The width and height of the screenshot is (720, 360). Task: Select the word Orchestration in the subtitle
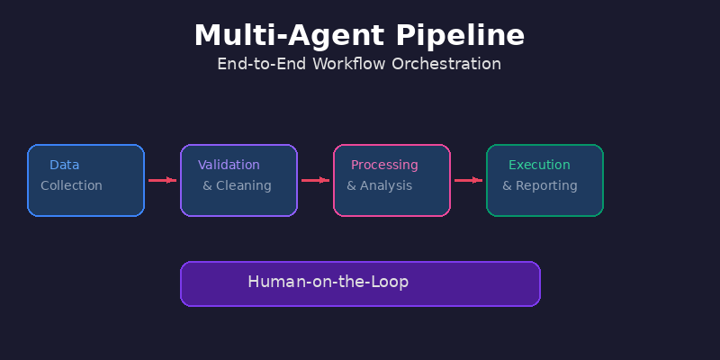click(450, 64)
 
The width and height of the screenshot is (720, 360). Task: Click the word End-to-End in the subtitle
click(261, 64)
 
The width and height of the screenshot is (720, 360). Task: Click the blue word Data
click(64, 165)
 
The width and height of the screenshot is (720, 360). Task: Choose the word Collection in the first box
click(71, 185)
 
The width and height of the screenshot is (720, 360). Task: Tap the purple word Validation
click(229, 165)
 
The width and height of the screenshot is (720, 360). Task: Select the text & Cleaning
click(237, 185)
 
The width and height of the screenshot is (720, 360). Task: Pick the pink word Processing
click(384, 165)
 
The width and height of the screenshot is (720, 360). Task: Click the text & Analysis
click(379, 185)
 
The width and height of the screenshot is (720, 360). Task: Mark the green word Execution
click(539, 165)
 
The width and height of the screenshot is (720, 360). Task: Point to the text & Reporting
click(539, 185)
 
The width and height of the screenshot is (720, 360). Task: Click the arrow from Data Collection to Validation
click(162, 180)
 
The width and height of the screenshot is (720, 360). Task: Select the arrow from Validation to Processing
click(315, 180)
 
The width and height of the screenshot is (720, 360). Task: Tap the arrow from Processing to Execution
click(468, 180)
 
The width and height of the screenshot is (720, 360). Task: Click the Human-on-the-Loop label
click(328, 282)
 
